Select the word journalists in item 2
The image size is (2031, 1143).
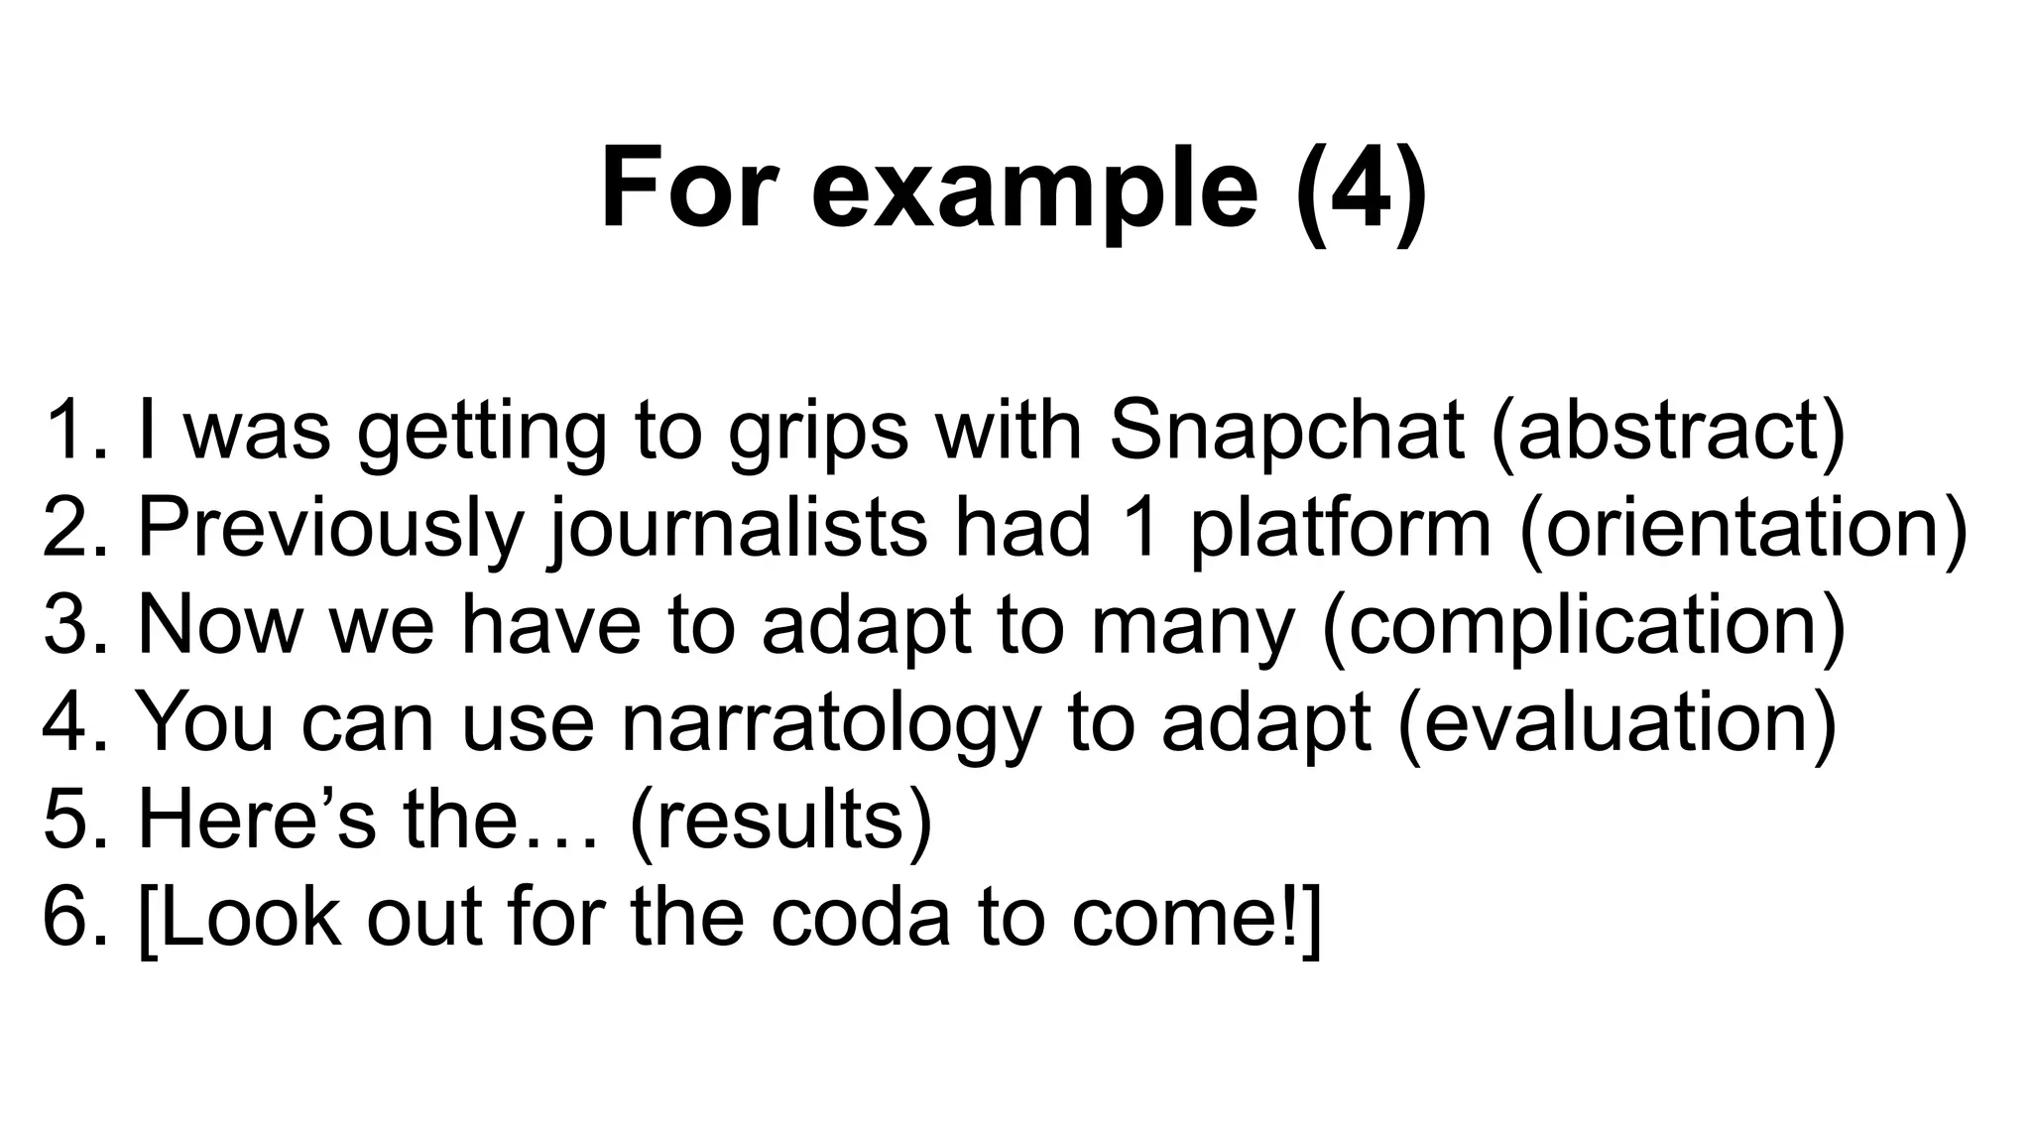click(x=738, y=528)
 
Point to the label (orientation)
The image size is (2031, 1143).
click(x=1742, y=528)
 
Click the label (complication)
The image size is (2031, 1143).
click(x=1584, y=625)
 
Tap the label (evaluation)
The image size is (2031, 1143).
click(x=1617, y=722)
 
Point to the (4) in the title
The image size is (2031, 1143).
click(x=1362, y=189)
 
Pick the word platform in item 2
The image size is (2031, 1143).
click(x=1340, y=528)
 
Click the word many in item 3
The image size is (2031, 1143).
click(x=1193, y=625)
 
